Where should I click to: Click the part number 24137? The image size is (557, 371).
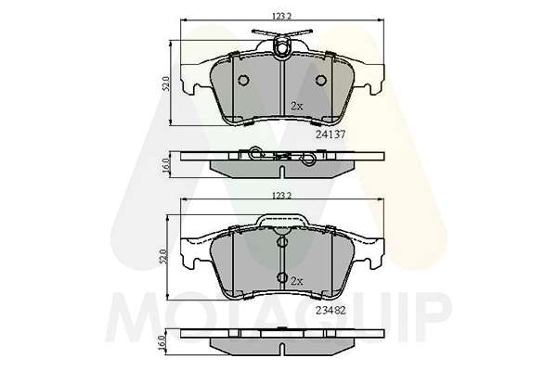coord(330,134)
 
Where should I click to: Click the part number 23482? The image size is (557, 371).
coord(330,311)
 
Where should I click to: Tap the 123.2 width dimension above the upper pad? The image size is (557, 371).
coord(281,16)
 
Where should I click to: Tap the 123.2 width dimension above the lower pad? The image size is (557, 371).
coord(281,196)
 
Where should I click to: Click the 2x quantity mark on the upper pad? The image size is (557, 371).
coord(297,106)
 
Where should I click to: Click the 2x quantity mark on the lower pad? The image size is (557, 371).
coord(297,282)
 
